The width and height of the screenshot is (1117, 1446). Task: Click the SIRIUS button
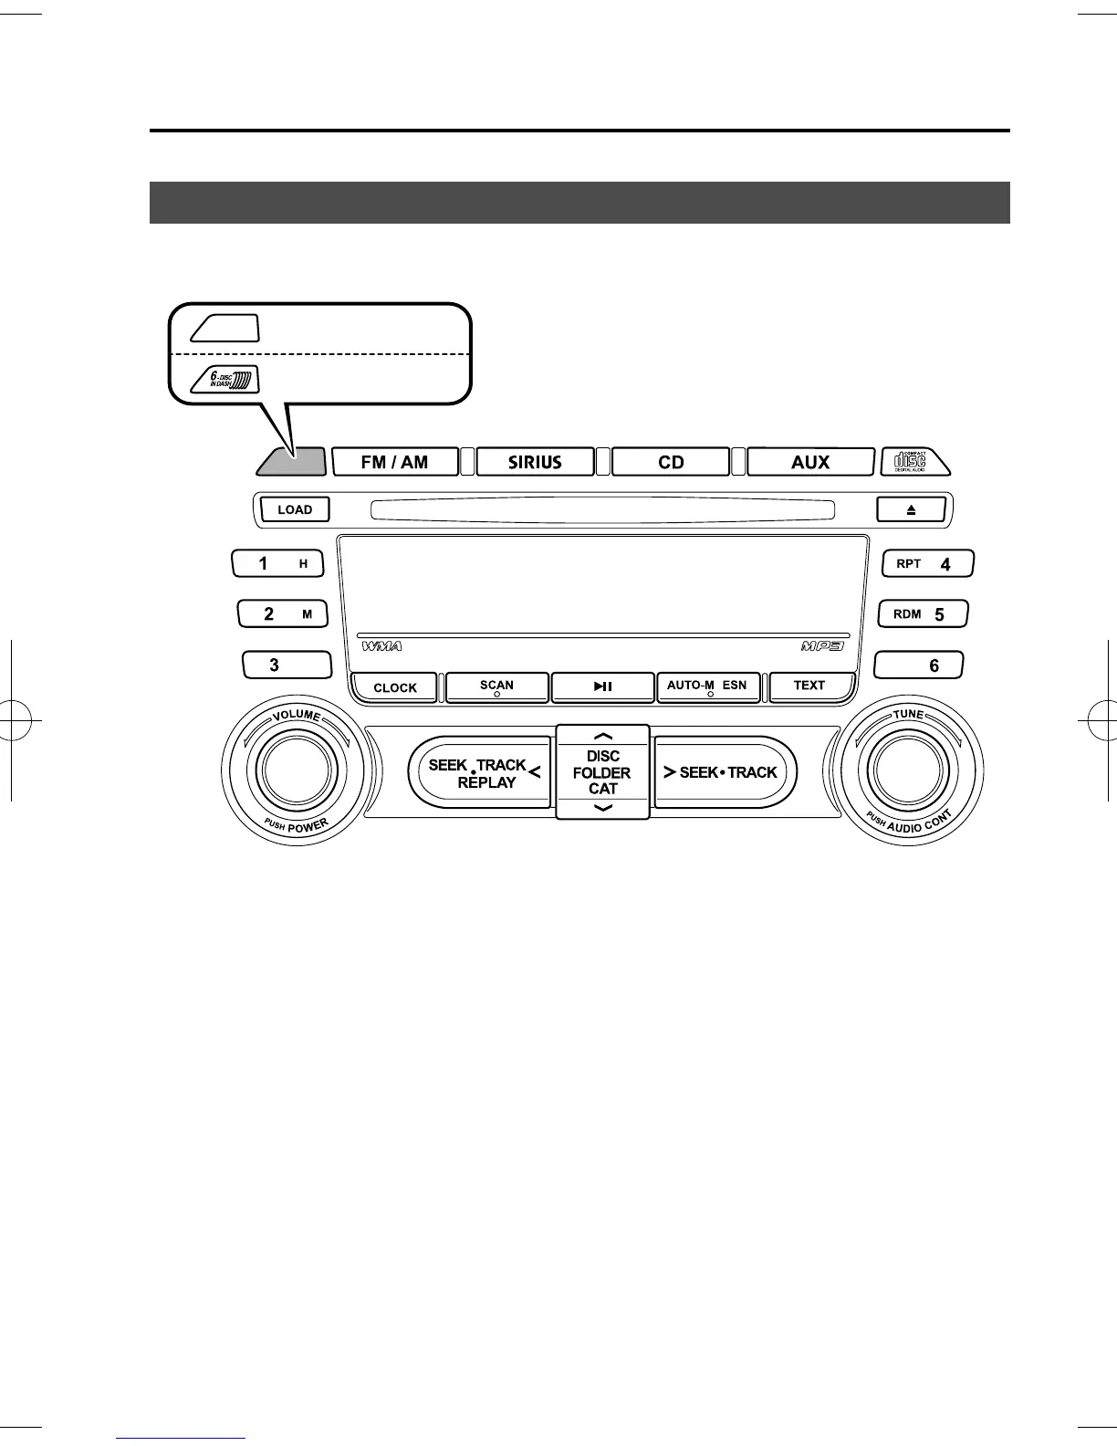535,462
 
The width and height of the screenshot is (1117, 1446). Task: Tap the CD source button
671,462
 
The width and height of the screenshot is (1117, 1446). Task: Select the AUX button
809,462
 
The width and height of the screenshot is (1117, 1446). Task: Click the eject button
911,509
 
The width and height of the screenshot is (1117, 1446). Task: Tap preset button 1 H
277,564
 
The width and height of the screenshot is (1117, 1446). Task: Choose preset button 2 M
282,614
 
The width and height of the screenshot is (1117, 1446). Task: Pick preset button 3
287,665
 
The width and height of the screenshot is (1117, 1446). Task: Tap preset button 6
918,665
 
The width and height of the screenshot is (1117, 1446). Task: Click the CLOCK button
394,688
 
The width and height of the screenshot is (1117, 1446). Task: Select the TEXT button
809,686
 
